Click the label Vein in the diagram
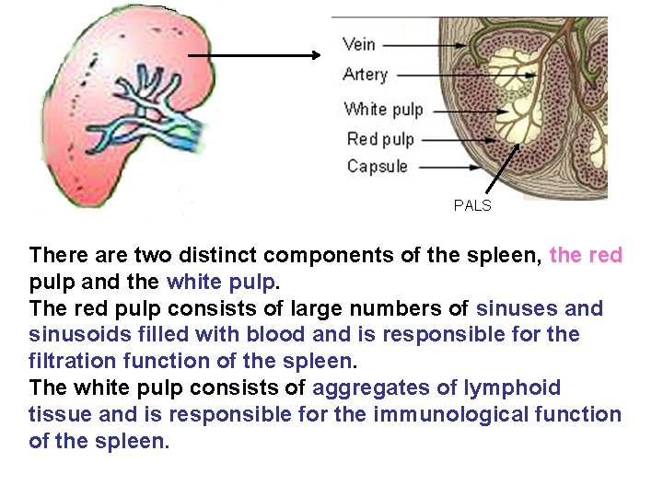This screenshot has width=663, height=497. pyautogui.click(x=358, y=44)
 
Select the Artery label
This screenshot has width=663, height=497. pyautogui.click(x=366, y=75)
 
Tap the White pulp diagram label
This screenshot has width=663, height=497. pyautogui.click(x=383, y=110)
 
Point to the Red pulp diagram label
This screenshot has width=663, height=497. pyautogui.click(x=380, y=139)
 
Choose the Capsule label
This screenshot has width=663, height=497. pyautogui.click(x=377, y=167)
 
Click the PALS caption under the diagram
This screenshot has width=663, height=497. pyautogui.click(x=472, y=206)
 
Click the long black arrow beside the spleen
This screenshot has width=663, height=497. pyautogui.click(x=253, y=55)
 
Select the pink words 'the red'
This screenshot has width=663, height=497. pyautogui.click(x=586, y=255)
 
